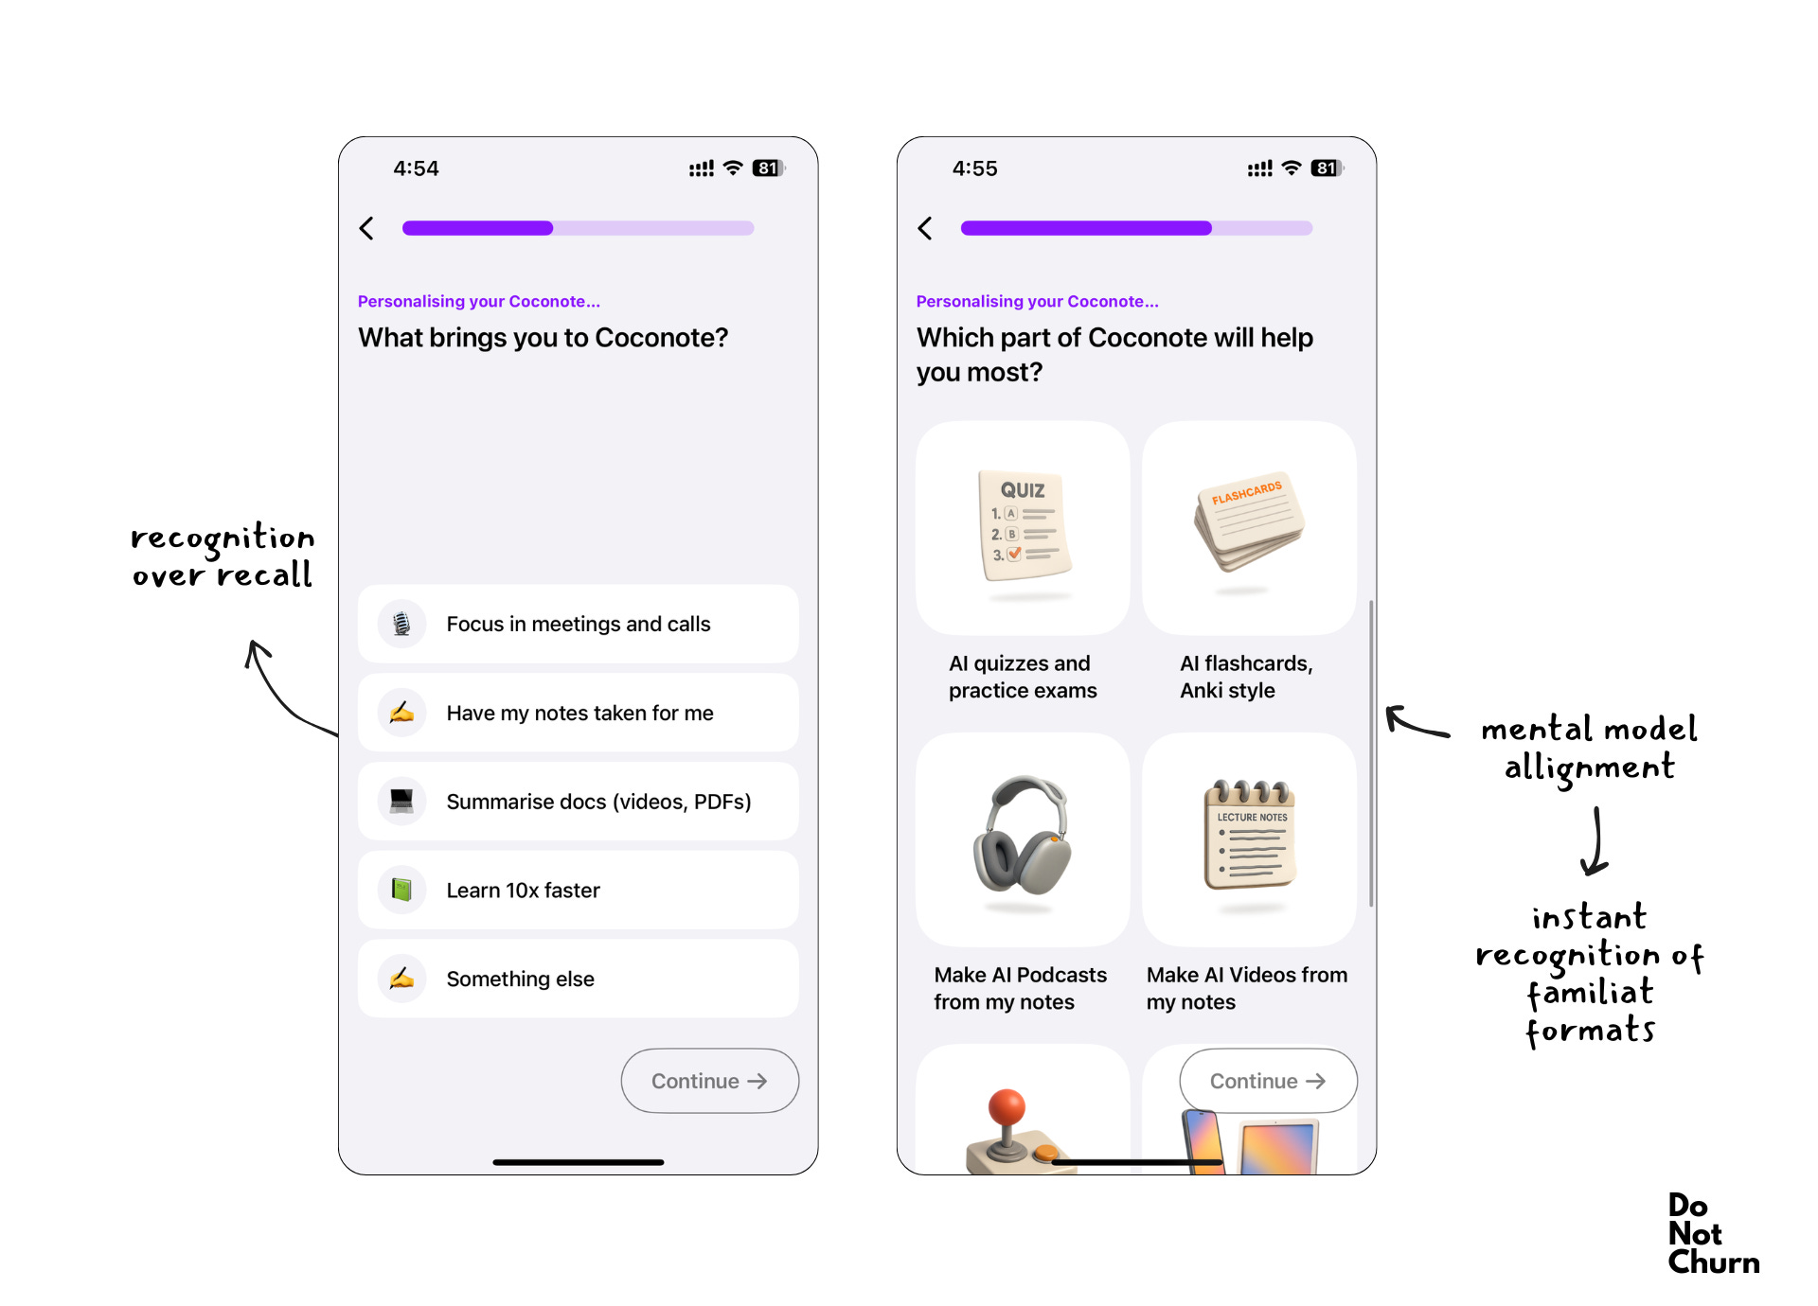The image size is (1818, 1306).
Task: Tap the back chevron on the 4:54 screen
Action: (x=366, y=228)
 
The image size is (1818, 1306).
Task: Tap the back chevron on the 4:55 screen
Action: (x=925, y=228)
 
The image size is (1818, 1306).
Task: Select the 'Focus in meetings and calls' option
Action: (x=578, y=624)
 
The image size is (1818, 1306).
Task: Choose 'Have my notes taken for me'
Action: (x=578, y=713)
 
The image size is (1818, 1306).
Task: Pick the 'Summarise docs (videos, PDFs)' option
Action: (x=578, y=802)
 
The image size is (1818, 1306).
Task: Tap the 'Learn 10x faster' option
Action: (x=578, y=890)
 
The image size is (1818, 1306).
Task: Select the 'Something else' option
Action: (x=578, y=979)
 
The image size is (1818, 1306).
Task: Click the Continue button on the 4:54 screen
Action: (x=710, y=1081)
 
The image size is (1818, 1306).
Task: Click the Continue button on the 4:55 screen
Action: (x=1269, y=1081)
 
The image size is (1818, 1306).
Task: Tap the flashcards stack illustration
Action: (x=1248, y=521)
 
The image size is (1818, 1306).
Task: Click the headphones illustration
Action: (x=1023, y=836)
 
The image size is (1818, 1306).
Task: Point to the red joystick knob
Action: (x=1007, y=1107)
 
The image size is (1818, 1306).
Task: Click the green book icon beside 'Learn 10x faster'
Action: (x=401, y=890)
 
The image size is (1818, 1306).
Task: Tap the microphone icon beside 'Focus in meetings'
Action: (x=401, y=624)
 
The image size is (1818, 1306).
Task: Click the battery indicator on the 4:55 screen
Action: (x=1327, y=168)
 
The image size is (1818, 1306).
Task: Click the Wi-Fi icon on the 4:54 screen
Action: (x=733, y=168)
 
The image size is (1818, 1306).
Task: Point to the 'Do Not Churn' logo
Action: (x=1713, y=1234)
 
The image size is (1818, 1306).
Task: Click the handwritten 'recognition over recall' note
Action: (x=223, y=556)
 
